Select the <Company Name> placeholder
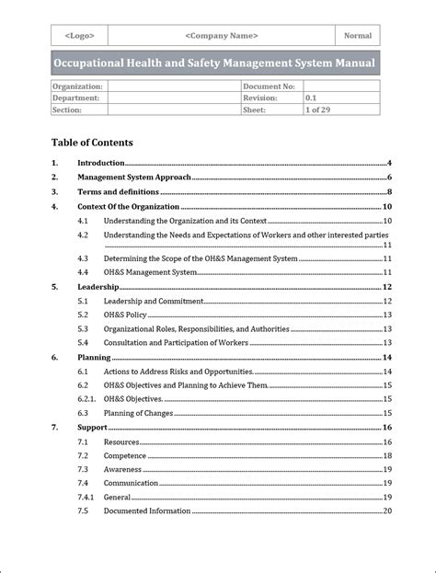click(221, 36)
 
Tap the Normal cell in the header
click(358, 36)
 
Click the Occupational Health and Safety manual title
click(213, 63)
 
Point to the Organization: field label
click(77, 86)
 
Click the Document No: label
click(269, 86)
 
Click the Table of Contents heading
click(92, 143)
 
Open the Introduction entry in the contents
click(101, 163)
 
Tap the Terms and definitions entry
click(118, 192)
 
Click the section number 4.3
click(83, 259)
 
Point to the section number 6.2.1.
click(86, 399)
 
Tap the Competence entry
click(125, 455)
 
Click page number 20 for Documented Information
click(387, 511)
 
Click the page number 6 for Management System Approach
click(390, 178)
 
